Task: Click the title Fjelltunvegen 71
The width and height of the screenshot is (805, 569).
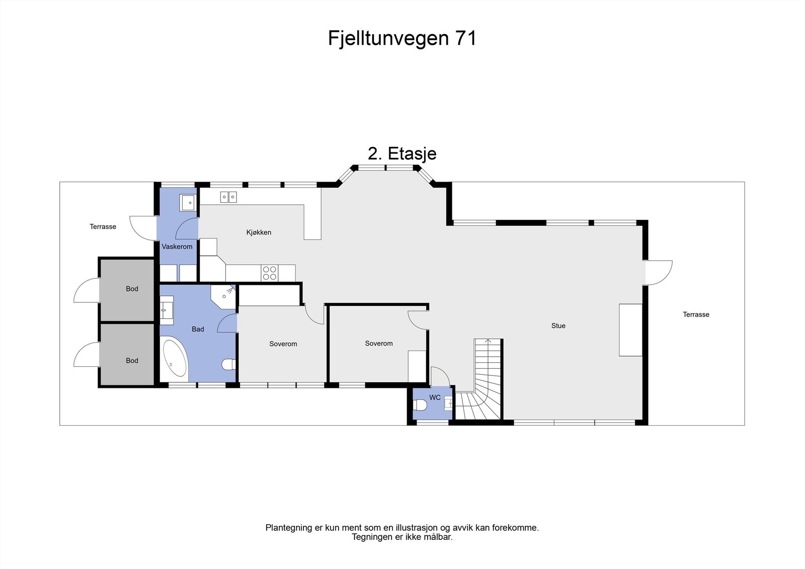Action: pyautogui.click(x=402, y=38)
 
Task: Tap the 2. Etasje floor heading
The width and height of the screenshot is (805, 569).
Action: pyautogui.click(x=402, y=153)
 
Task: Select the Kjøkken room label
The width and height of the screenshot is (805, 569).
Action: pyautogui.click(x=259, y=232)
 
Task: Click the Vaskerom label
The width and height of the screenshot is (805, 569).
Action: pyautogui.click(x=177, y=247)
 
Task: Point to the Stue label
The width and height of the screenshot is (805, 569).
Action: pyautogui.click(x=558, y=326)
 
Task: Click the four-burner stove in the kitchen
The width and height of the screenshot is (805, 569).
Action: pyautogui.click(x=270, y=273)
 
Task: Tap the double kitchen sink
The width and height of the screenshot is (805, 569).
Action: pyautogui.click(x=228, y=197)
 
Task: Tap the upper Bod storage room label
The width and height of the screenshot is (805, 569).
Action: pyautogui.click(x=132, y=289)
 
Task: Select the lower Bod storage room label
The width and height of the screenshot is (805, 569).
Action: pyautogui.click(x=132, y=360)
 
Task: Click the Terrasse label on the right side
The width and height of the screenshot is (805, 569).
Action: pyautogui.click(x=696, y=314)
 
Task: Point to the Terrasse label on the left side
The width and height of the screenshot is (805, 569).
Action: pyautogui.click(x=103, y=227)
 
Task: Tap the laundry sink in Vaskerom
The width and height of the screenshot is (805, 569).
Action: pyautogui.click(x=188, y=203)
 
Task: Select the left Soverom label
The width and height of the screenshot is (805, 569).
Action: pyautogui.click(x=283, y=344)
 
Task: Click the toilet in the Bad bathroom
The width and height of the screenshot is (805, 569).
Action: pyautogui.click(x=229, y=363)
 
